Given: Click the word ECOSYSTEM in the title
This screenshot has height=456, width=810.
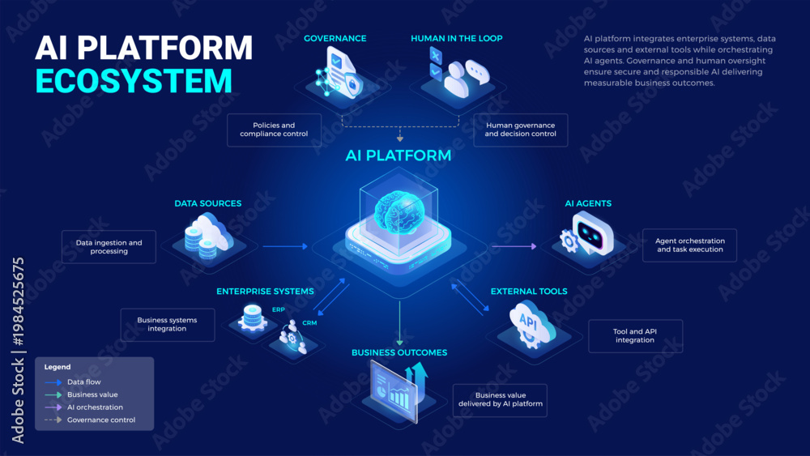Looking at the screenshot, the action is (x=134, y=81).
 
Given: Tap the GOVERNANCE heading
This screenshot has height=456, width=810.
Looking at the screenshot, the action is (x=335, y=38).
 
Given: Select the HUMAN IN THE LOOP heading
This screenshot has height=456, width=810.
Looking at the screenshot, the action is (x=457, y=38).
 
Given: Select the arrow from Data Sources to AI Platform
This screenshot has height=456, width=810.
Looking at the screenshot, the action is (x=285, y=246).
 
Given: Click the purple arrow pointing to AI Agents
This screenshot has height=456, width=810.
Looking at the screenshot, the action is (x=514, y=246).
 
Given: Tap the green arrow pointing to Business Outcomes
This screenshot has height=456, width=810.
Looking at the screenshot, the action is (x=399, y=323).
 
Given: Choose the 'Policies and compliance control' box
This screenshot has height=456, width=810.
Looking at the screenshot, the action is (x=274, y=130).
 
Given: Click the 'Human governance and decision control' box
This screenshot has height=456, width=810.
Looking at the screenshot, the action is (x=520, y=130).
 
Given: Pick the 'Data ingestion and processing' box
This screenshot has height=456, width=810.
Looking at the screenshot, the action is (x=109, y=247).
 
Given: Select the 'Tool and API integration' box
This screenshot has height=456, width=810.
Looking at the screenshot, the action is (x=635, y=335).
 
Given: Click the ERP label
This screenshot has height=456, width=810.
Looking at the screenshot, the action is (x=279, y=310).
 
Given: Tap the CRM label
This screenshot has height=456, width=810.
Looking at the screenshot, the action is (x=309, y=322).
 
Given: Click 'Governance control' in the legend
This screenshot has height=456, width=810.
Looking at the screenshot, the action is (x=101, y=420).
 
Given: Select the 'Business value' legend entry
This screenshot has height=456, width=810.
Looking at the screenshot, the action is (x=92, y=394).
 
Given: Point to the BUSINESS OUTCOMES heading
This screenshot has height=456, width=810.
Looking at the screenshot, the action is (x=399, y=352).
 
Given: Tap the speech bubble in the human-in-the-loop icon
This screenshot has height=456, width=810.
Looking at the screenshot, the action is (x=477, y=72).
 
